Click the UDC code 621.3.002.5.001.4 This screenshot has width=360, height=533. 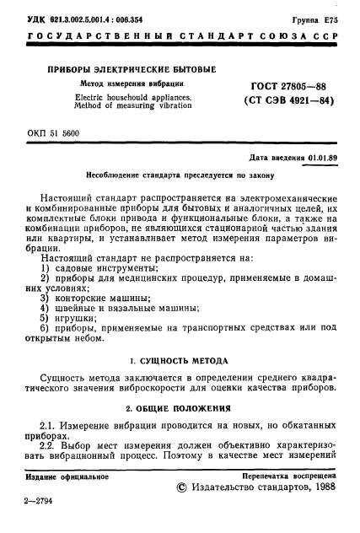[x=82, y=17]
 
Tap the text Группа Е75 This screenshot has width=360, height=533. [x=316, y=17]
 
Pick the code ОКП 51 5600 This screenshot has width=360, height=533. [x=56, y=133]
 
